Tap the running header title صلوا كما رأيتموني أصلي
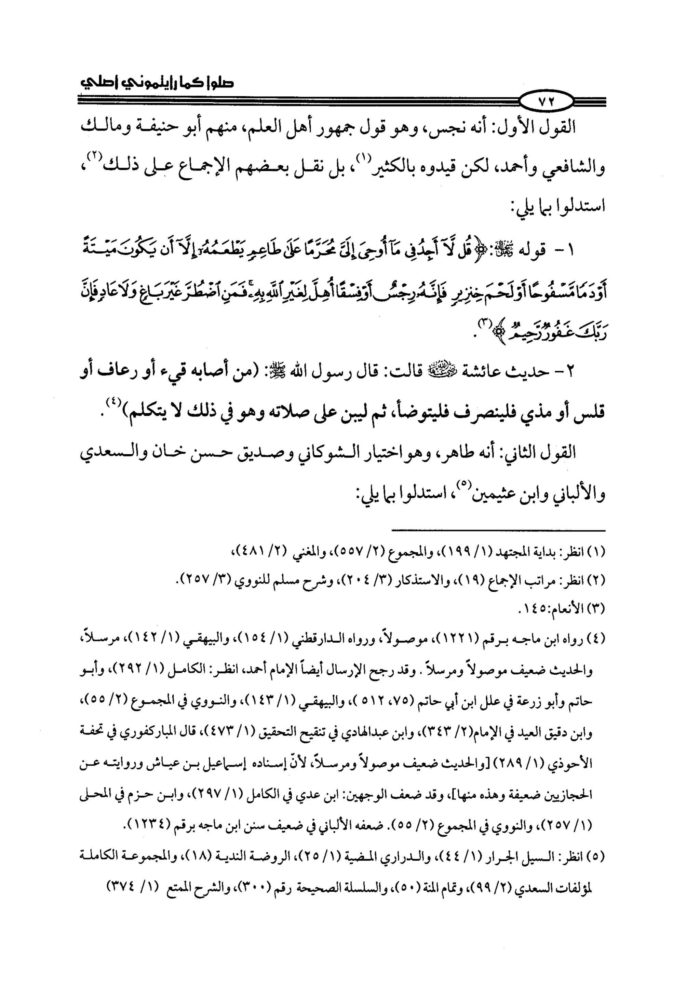click(x=158, y=82)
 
